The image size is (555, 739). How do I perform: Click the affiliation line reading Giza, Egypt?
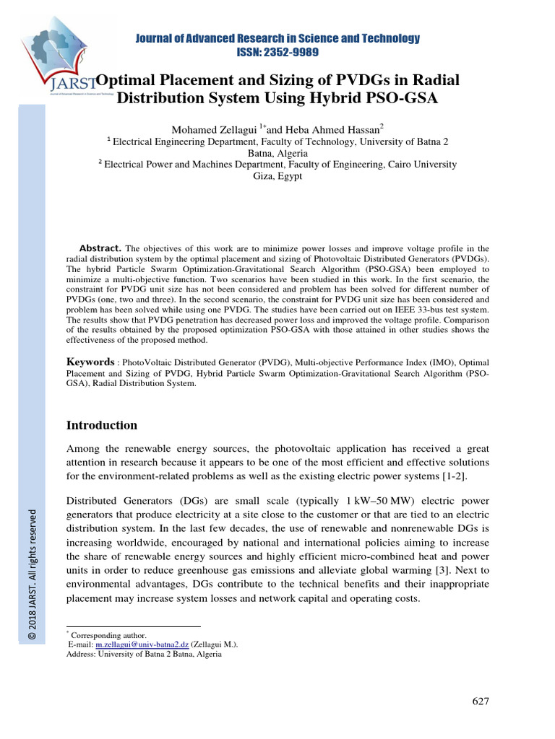coord(277,176)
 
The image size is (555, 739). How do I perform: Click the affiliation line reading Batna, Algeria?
coord(277,153)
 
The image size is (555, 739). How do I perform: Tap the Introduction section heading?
coord(101,425)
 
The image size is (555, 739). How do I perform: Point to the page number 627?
coord(481,701)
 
